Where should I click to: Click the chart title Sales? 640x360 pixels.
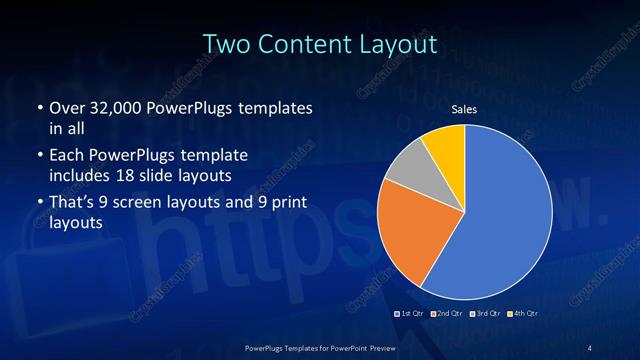click(463, 109)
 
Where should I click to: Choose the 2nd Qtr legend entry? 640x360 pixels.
click(447, 314)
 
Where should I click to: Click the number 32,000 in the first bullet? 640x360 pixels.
click(109, 107)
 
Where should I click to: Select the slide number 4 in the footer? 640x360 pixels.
click(590, 347)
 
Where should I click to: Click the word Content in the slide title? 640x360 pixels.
click(304, 44)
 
